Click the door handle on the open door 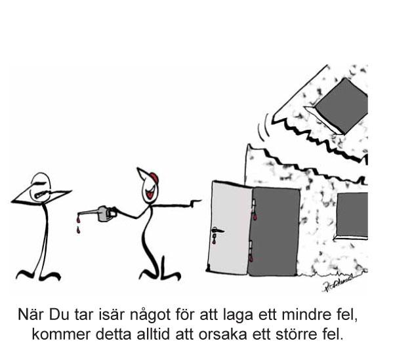click(x=217, y=230)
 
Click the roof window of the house click(x=339, y=106)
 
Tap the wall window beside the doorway click(x=352, y=216)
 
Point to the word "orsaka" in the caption click(x=223, y=334)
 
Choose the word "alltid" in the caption click(x=154, y=334)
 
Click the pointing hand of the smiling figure click(x=195, y=202)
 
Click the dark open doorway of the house click(x=274, y=231)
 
